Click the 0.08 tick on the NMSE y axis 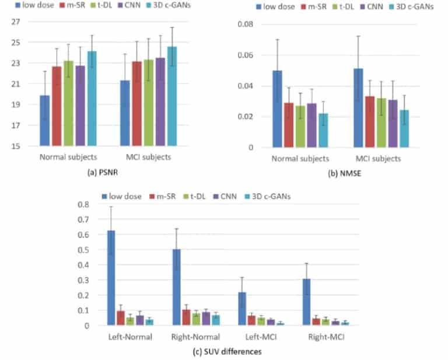tap(243, 25)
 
